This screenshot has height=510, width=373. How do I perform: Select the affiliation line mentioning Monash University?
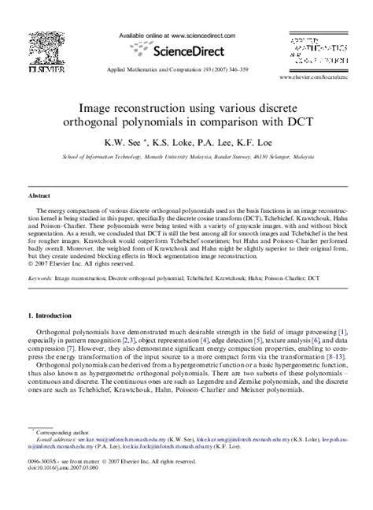click(186, 157)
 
